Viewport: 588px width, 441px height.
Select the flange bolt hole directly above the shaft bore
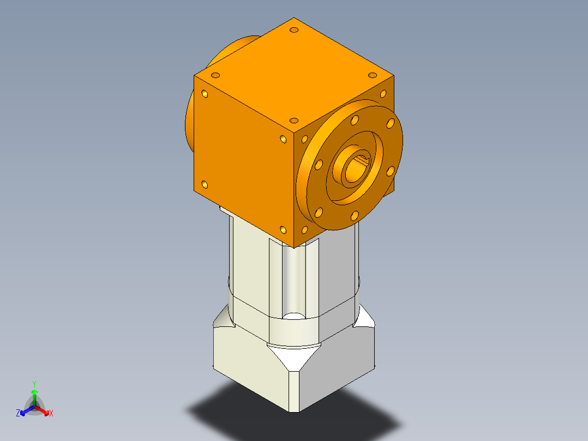[x=355, y=120]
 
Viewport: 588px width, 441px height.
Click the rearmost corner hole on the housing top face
[x=295, y=29]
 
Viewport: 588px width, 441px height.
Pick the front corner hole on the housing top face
[x=294, y=120]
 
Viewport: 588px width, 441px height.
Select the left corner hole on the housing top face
[x=215, y=75]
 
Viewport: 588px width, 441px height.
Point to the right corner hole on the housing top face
[x=373, y=75]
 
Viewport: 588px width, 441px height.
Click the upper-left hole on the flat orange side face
[x=205, y=94]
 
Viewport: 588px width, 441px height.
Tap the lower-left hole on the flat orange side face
[x=205, y=184]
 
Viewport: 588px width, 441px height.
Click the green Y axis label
[x=34, y=384]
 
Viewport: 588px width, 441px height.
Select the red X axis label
[x=51, y=414]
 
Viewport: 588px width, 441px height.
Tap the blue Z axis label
[x=18, y=414]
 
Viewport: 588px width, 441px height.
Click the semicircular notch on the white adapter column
[x=294, y=317]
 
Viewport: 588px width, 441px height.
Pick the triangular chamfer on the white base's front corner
[x=293, y=357]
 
